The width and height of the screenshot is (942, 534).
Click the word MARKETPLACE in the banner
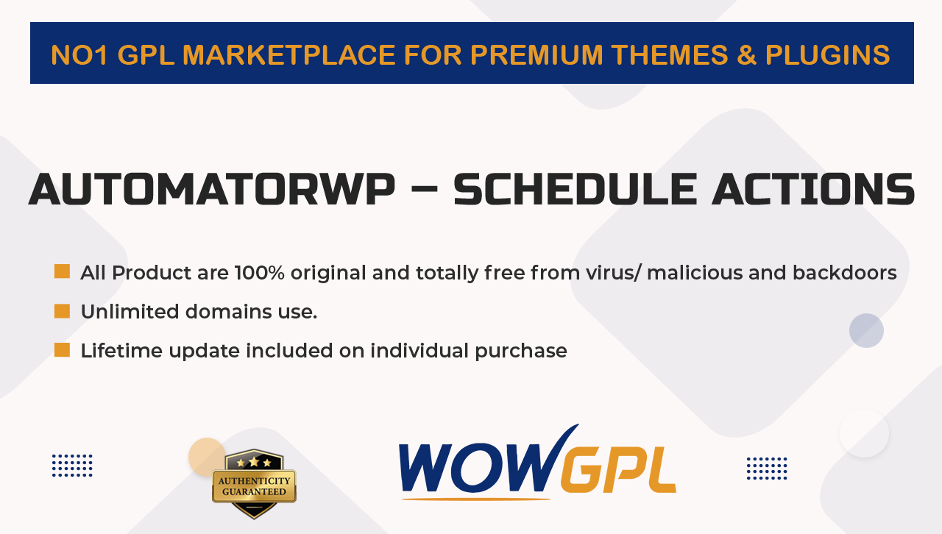289,55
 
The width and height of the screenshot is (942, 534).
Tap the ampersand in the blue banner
746,55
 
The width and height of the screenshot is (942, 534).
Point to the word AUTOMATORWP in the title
212,189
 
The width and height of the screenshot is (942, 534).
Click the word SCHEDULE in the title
576,189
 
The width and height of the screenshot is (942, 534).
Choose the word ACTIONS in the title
813,189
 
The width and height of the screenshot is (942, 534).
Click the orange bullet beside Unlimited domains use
63,311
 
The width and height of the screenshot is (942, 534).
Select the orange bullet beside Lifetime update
63,350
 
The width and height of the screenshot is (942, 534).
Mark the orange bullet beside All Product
63,271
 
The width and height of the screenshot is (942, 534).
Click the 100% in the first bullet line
260,272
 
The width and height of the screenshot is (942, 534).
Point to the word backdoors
844,272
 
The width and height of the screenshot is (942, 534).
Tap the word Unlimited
130,312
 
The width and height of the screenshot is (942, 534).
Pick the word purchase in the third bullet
520,351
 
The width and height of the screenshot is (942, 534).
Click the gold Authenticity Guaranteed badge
254,483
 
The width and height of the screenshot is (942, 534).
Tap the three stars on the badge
254,463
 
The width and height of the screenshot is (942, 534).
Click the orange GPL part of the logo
618,469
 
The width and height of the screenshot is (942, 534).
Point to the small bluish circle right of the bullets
866,330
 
